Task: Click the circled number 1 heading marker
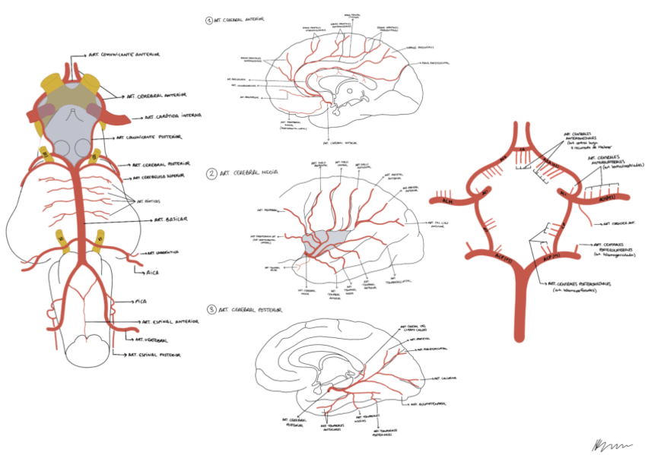209,21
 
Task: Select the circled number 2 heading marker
210,174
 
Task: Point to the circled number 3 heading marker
210,311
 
